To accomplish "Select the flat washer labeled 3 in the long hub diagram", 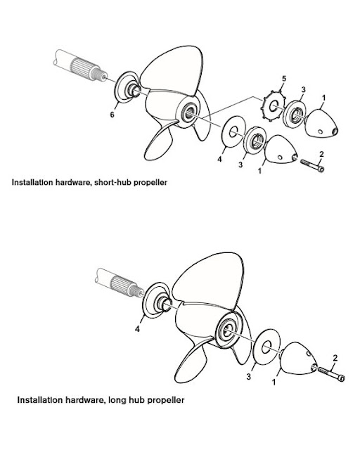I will [x=264, y=349].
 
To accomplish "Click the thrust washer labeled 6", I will [x=128, y=87].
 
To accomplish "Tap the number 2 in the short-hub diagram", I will [x=321, y=154].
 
